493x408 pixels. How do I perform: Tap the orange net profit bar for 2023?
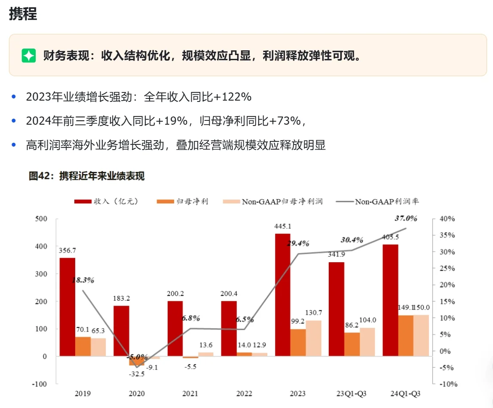(x=298, y=342)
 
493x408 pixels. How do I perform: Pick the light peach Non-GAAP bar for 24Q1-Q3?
(x=421, y=335)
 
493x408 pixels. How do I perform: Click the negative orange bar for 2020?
(x=137, y=361)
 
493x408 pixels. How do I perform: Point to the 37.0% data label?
(x=406, y=218)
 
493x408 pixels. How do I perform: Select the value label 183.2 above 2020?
(x=122, y=298)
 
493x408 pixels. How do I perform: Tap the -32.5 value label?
(x=137, y=374)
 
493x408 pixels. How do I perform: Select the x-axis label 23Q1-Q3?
(x=352, y=393)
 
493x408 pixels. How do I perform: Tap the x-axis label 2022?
(x=244, y=393)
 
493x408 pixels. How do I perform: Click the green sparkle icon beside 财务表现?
(x=29, y=55)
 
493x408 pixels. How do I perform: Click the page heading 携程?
(x=23, y=14)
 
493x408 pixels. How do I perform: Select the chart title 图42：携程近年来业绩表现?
(x=87, y=176)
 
